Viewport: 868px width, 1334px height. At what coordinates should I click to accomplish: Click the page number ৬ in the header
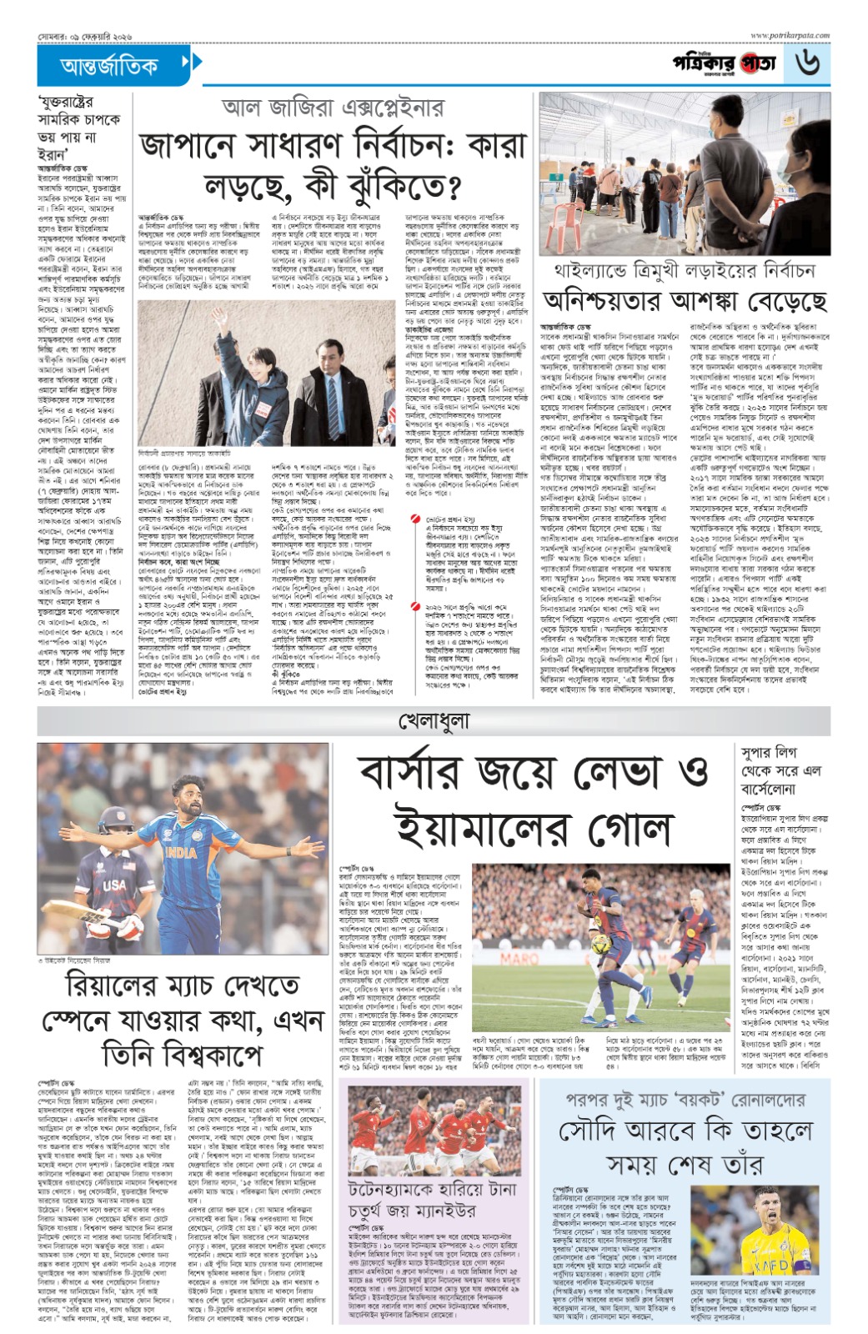[808, 63]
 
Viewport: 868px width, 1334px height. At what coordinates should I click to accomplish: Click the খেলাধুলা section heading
[434, 720]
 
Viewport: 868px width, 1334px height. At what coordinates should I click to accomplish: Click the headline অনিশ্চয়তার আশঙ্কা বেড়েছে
[685, 301]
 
